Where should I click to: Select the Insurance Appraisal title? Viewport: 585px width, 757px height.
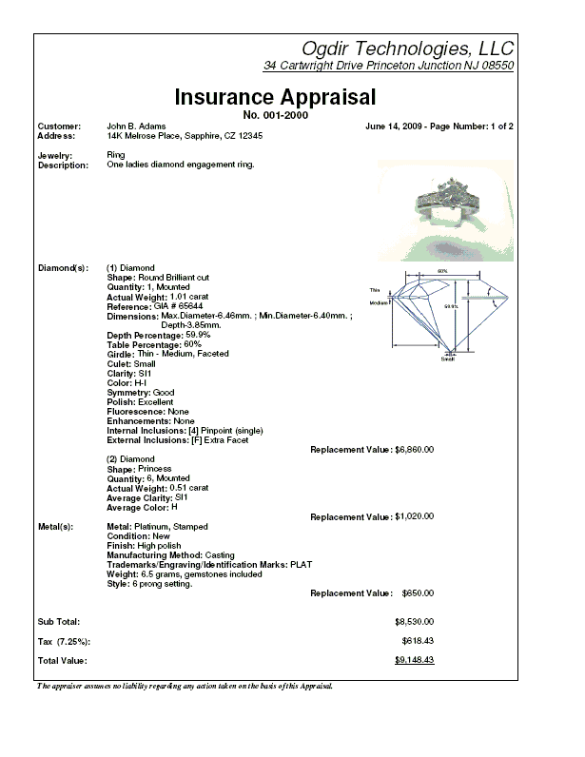(276, 97)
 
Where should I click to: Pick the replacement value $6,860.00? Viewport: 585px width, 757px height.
(415, 449)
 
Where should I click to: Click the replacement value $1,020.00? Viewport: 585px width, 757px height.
(415, 516)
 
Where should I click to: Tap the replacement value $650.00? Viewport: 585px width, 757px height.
(417, 592)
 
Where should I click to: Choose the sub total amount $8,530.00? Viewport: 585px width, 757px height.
(415, 620)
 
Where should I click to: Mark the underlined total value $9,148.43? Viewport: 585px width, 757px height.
(415, 659)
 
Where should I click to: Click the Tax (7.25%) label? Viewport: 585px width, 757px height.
(64, 640)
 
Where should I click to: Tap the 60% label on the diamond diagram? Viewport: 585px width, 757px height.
(442, 271)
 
